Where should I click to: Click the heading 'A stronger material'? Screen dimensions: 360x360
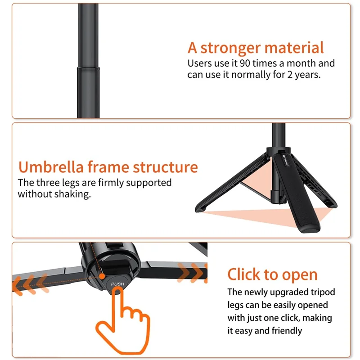pyautogui.click(x=256, y=48)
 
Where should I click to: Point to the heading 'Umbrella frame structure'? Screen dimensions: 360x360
pyautogui.click(x=108, y=167)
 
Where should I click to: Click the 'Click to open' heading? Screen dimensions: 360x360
pyautogui.click(x=272, y=274)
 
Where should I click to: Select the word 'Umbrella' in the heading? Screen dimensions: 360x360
pyautogui.click(x=50, y=167)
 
